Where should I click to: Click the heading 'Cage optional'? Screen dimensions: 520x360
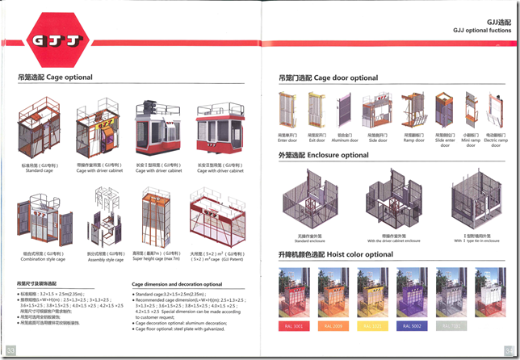[55, 77]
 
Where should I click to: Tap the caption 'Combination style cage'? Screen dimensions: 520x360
[44, 260]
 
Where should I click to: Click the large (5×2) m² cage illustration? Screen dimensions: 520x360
[216, 216]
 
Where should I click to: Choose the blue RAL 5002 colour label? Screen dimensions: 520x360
[414, 327]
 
